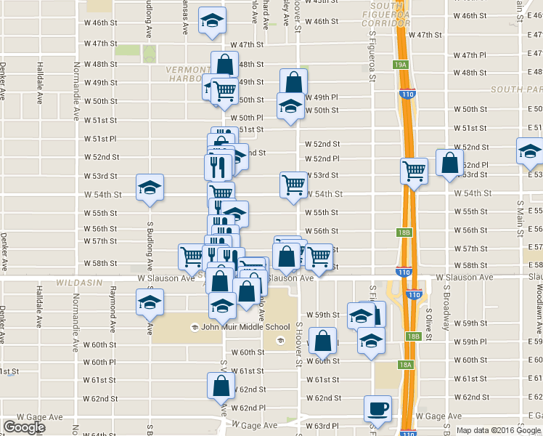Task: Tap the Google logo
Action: tap(25, 427)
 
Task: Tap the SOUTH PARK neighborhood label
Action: tap(515, 89)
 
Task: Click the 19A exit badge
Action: tap(401, 65)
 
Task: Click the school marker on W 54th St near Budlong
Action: tap(150, 187)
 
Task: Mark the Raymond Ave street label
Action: tap(113, 304)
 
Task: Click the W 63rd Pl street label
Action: tap(322, 426)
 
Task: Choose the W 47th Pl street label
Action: tap(469, 55)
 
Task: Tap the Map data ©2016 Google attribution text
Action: tap(498, 430)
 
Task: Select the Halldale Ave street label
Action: tap(39, 80)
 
